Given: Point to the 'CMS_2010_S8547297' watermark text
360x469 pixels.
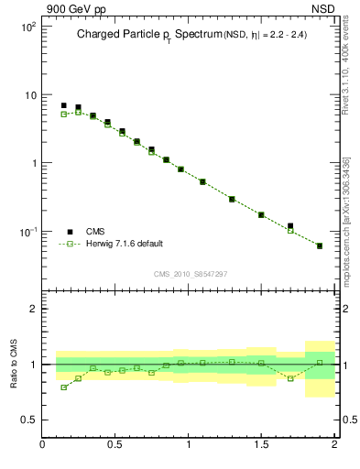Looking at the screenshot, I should [191, 274].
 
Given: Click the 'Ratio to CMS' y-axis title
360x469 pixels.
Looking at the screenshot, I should [16, 364].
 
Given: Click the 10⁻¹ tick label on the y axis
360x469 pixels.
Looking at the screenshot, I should [27, 232].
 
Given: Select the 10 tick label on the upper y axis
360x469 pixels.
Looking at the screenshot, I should [29, 95].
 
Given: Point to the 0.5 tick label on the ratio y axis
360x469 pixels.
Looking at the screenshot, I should [27, 420].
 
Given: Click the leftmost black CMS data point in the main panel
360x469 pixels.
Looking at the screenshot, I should [63, 105].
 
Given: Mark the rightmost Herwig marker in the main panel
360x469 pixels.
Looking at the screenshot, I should [320, 245].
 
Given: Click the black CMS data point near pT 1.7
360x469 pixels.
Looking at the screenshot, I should [290, 225].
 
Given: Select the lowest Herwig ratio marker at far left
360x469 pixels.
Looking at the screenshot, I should [63, 387].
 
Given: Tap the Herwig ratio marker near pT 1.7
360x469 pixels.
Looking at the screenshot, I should [290, 378].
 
